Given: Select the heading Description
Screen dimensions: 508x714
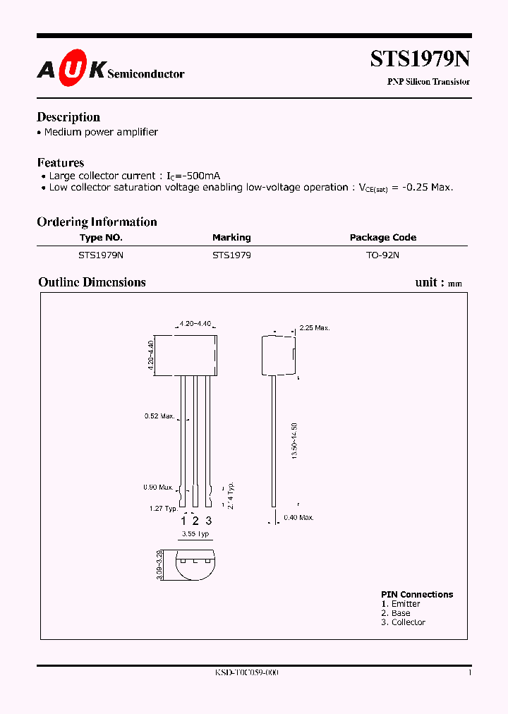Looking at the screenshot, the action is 68,117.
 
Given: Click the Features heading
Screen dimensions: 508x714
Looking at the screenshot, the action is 61,162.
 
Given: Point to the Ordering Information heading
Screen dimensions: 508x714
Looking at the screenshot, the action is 97,222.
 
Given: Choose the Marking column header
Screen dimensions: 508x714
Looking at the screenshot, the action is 231,238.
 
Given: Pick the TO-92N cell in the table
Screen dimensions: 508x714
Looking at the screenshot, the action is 382,255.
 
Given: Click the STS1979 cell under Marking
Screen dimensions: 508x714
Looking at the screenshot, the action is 231,255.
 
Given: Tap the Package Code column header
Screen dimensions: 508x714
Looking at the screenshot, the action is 383,238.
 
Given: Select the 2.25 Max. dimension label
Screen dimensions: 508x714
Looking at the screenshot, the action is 315,328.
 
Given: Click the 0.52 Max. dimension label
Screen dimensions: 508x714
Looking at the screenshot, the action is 159,416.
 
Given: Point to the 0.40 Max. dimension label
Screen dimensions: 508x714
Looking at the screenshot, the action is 298,517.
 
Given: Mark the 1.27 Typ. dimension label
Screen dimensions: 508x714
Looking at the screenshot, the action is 163,508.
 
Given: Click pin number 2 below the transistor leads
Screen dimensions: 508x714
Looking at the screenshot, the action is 196,521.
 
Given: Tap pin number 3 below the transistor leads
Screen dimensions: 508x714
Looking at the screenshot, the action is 208,521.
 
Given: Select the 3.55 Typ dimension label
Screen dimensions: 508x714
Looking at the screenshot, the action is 195,534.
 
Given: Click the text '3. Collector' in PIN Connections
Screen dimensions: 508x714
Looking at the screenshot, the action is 403,622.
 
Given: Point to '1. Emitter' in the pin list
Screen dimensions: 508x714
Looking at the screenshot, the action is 400,604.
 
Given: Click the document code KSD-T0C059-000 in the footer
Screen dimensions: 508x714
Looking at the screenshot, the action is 247,673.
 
